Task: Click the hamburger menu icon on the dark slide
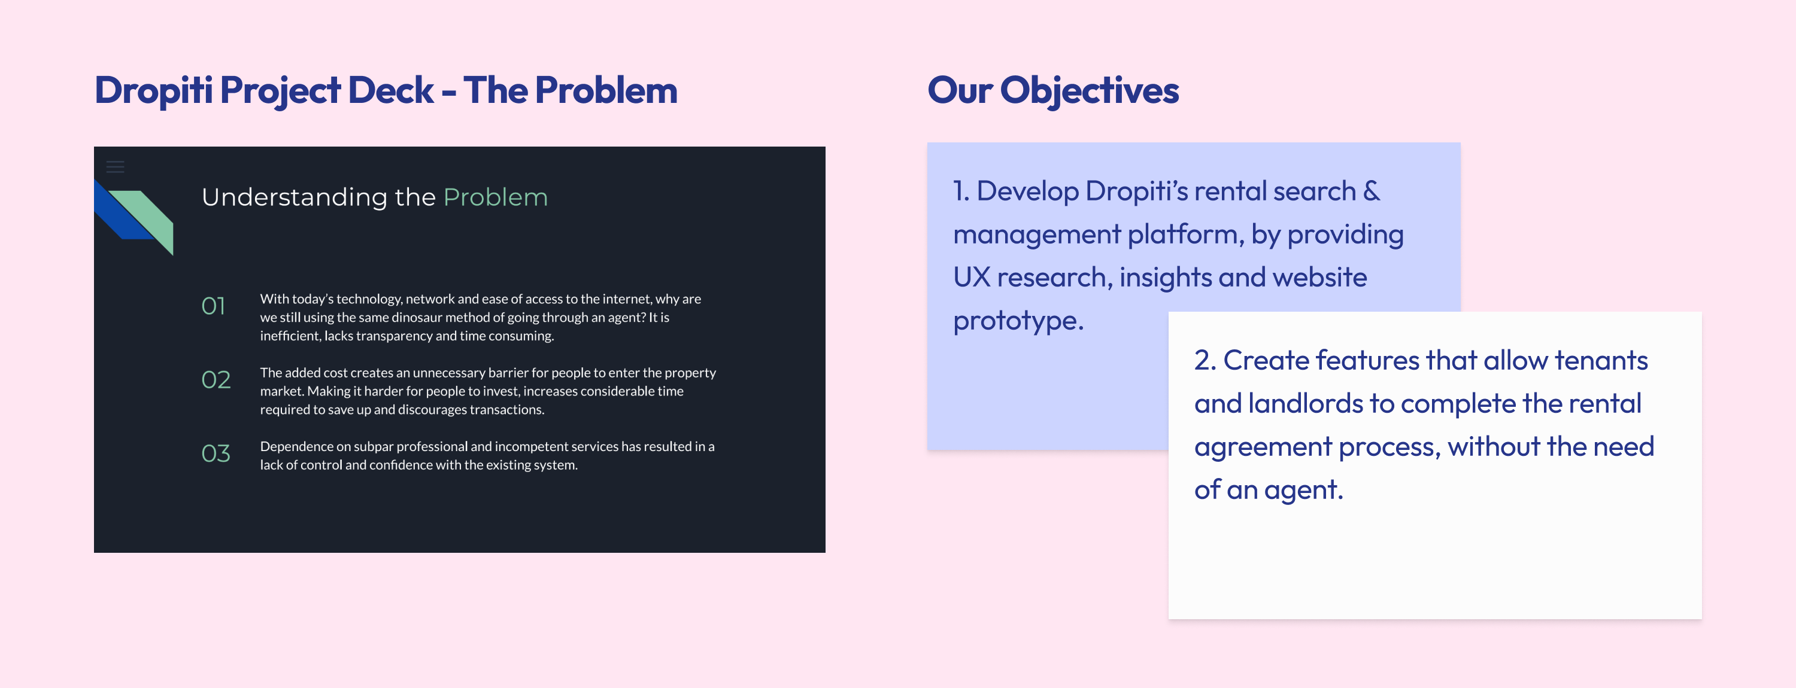115,166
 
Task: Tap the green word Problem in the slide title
495,197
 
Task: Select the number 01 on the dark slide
213,306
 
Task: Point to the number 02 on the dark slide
216,380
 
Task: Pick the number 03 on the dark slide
216,454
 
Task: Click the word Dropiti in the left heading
153,90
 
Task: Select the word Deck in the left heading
390,90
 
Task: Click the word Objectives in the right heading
1089,90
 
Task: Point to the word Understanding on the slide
294,197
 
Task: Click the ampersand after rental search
1371,191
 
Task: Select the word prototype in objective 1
1017,321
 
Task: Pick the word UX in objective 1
972,278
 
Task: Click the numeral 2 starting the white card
1202,360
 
